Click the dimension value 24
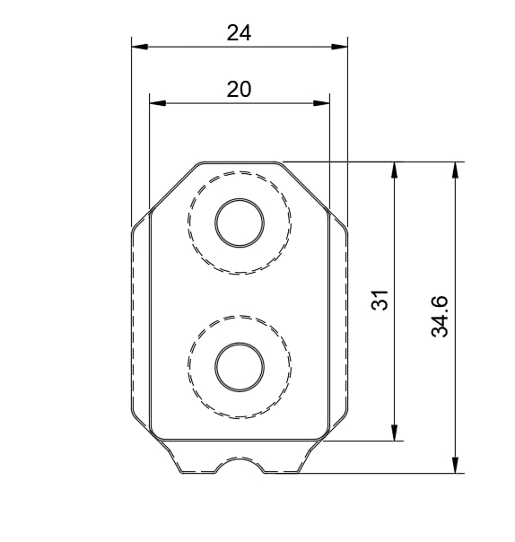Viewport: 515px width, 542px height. tap(239, 33)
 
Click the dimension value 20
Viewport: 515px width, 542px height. tap(239, 89)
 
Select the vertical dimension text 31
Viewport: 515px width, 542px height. tap(380, 300)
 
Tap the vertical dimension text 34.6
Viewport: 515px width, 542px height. tap(440, 317)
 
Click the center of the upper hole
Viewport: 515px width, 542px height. tap(239, 223)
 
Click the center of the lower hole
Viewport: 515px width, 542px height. tap(239, 366)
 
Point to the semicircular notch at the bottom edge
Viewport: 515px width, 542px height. tap(240, 464)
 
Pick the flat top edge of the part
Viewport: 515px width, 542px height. tap(239, 162)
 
